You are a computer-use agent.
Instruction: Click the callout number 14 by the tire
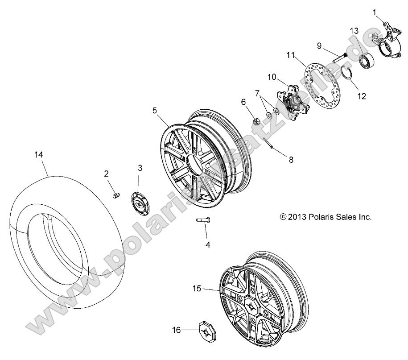(x=39, y=154)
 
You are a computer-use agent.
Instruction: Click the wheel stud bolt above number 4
(x=203, y=219)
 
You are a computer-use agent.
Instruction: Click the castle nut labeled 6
(x=257, y=120)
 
